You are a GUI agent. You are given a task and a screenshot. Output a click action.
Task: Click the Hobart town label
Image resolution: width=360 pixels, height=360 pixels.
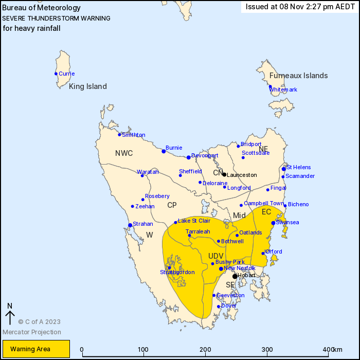click(247, 276)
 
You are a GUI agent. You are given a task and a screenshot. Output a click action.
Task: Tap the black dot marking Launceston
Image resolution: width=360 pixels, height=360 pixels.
click(224, 174)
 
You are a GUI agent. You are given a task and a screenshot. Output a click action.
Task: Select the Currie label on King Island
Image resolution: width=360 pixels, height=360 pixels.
click(66, 74)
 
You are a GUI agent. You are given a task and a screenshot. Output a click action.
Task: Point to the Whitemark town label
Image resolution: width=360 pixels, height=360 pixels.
click(283, 89)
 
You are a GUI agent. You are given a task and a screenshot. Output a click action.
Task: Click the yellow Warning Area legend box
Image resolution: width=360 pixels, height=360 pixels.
click(34, 349)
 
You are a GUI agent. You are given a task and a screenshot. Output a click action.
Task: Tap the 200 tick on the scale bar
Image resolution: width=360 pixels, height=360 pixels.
click(206, 349)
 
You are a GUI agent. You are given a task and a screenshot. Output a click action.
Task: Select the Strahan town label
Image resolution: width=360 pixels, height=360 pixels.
click(143, 224)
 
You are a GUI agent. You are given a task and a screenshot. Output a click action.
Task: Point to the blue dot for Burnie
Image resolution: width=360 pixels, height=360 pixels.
click(164, 151)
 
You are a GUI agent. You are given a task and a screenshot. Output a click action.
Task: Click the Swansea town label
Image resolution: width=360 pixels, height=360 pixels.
click(287, 222)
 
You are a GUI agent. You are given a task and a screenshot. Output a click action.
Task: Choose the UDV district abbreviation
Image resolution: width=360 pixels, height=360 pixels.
click(216, 256)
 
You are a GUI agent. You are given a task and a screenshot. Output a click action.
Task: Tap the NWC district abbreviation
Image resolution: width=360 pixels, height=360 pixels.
click(124, 153)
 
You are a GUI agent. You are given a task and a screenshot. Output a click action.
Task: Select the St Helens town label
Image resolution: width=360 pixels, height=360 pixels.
click(298, 167)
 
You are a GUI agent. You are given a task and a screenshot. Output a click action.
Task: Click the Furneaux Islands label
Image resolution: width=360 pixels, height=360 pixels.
click(298, 76)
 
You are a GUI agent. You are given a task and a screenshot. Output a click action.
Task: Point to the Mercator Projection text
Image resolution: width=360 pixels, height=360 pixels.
click(31, 332)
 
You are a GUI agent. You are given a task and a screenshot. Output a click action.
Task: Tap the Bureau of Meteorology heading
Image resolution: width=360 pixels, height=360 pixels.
click(42, 8)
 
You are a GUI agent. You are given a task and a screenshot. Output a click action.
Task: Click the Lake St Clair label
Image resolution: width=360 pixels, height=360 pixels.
click(194, 221)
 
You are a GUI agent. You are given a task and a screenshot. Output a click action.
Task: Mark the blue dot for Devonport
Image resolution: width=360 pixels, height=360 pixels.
click(189, 157)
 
